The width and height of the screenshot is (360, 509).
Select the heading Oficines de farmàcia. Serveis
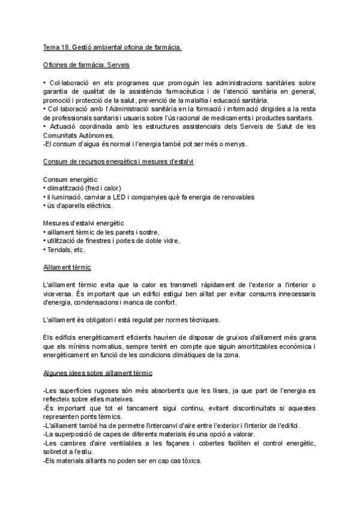(86, 64)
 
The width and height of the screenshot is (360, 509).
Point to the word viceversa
(60, 293)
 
